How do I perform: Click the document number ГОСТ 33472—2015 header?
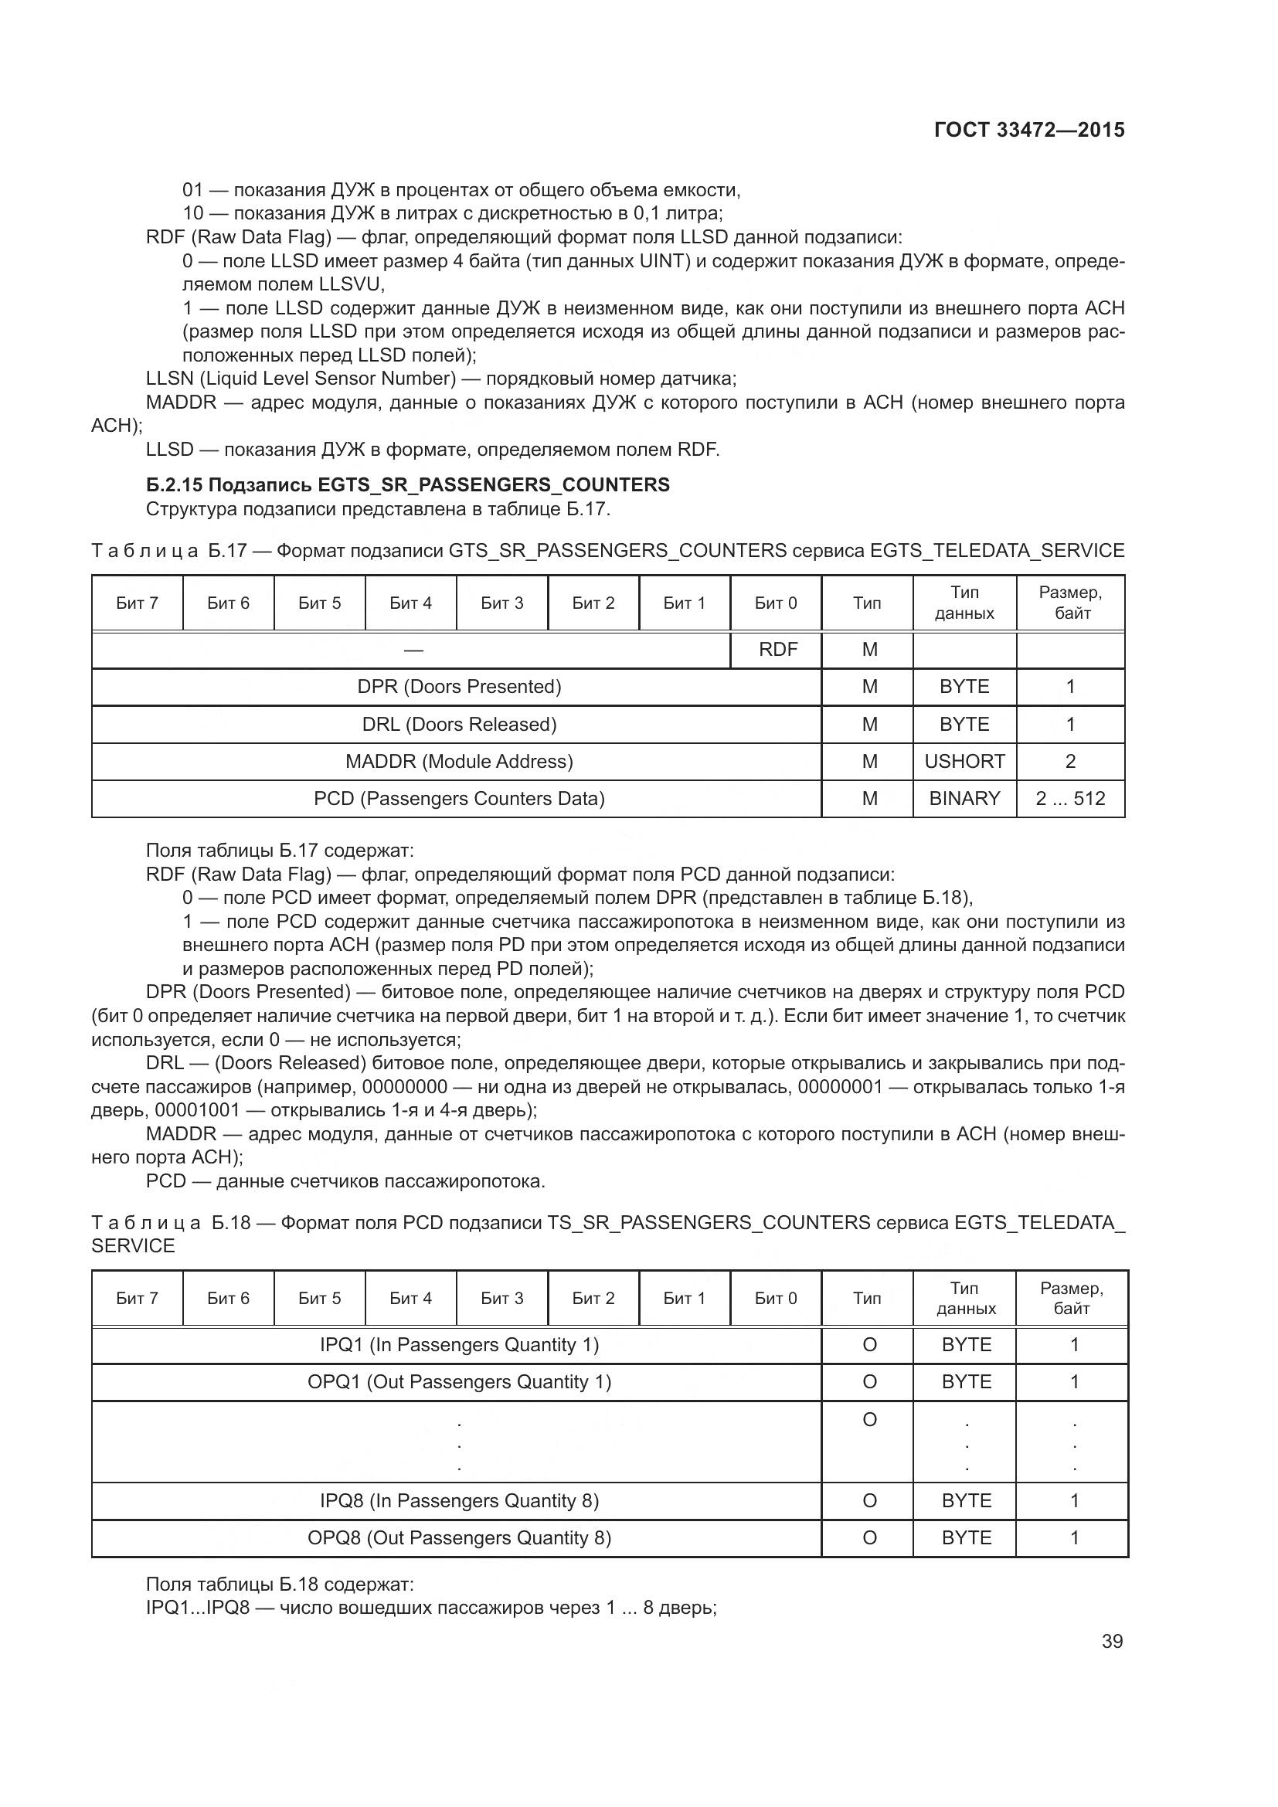[1028, 130]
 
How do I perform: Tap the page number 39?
[1112, 1641]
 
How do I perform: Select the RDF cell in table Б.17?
[777, 649]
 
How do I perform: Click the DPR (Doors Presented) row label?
[459, 686]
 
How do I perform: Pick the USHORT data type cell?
[964, 761]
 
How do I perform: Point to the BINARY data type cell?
[964, 798]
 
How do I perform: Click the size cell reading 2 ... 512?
[1070, 798]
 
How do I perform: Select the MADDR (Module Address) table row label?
[459, 761]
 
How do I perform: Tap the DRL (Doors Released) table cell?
[459, 724]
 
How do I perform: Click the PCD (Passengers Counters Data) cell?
[459, 798]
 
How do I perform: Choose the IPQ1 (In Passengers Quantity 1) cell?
[459, 1344]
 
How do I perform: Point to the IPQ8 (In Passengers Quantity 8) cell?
[459, 1500]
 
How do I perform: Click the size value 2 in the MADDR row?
[1070, 761]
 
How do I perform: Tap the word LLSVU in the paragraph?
[351, 284]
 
